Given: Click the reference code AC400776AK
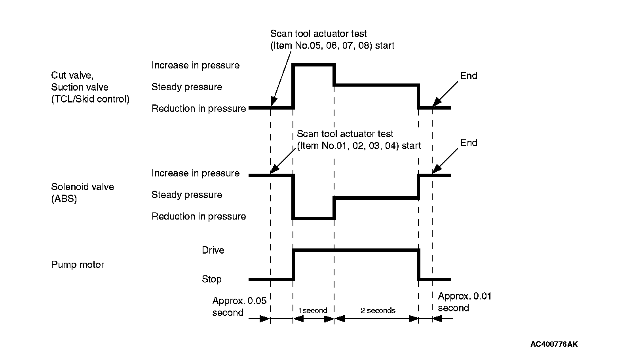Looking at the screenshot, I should pyautogui.click(x=554, y=344).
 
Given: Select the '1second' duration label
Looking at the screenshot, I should pyautogui.click(x=313, y=311).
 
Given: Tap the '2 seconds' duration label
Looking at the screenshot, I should pyautogui.click(x=378, y=311).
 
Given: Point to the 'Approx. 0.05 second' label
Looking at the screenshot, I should pyautogui.click(x=239, y=307).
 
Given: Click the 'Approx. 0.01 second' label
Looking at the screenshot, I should pyautogui.click(x=464, y=302).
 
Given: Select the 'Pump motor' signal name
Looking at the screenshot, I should pyautogui.click(x=78, y=265).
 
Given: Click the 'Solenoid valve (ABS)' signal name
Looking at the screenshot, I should pyautogui.click(x=82, y=193).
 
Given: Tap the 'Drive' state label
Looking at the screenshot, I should pyautogui.click(x=213, y=250).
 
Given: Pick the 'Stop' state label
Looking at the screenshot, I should pyautogui.click(x=211, y=279).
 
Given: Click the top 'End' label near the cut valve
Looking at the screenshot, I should pyautogui.click(x=469, y=76).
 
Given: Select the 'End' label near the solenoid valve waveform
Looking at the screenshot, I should pyautogui.click(x=469, y=143).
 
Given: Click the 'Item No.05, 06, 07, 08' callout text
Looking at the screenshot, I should pyautogui.click(x=332, y=45).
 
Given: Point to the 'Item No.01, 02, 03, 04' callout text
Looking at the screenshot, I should pyautogui.click(x=359, y=146).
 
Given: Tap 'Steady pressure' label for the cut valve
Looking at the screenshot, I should pyautogui.click(x=186, y=87).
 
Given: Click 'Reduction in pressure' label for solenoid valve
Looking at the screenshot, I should pyautogui.click(x=199, y=216).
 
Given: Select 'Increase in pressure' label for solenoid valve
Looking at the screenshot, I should pyautogui.click(x=196, y=173).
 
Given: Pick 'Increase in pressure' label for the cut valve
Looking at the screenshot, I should pyautogui.click(x=196, y=65).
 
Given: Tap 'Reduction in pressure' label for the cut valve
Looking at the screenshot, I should pyautogui.click(x=199, y=108).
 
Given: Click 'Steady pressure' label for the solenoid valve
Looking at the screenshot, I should pyautogui.click(x=186, y=195).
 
